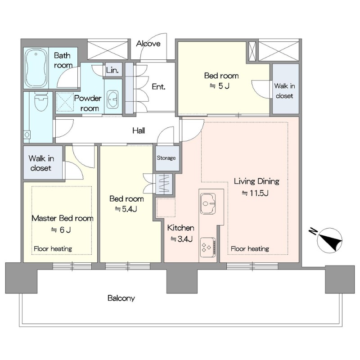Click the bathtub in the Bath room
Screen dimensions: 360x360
(36, 68)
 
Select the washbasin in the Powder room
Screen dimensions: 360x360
(112, 99)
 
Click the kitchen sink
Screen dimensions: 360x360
(208, 203)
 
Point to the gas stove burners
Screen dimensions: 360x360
(208, 247)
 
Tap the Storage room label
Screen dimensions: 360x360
(166, 158)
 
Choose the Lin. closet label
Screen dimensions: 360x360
(112, 70)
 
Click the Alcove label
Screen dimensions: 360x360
(148, 43)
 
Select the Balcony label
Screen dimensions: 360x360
(121, 298)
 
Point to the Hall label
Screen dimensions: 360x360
(139, 130)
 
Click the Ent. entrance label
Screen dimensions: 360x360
(158, 86)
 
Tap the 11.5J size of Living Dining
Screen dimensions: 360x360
(255, 193)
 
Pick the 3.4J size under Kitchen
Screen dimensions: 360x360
(181, 239)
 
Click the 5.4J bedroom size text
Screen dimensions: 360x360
(126, 209)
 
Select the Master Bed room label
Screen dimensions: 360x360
(63, 218)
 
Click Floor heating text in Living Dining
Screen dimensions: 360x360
(250, 249)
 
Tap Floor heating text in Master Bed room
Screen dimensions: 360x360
(53, 249)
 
